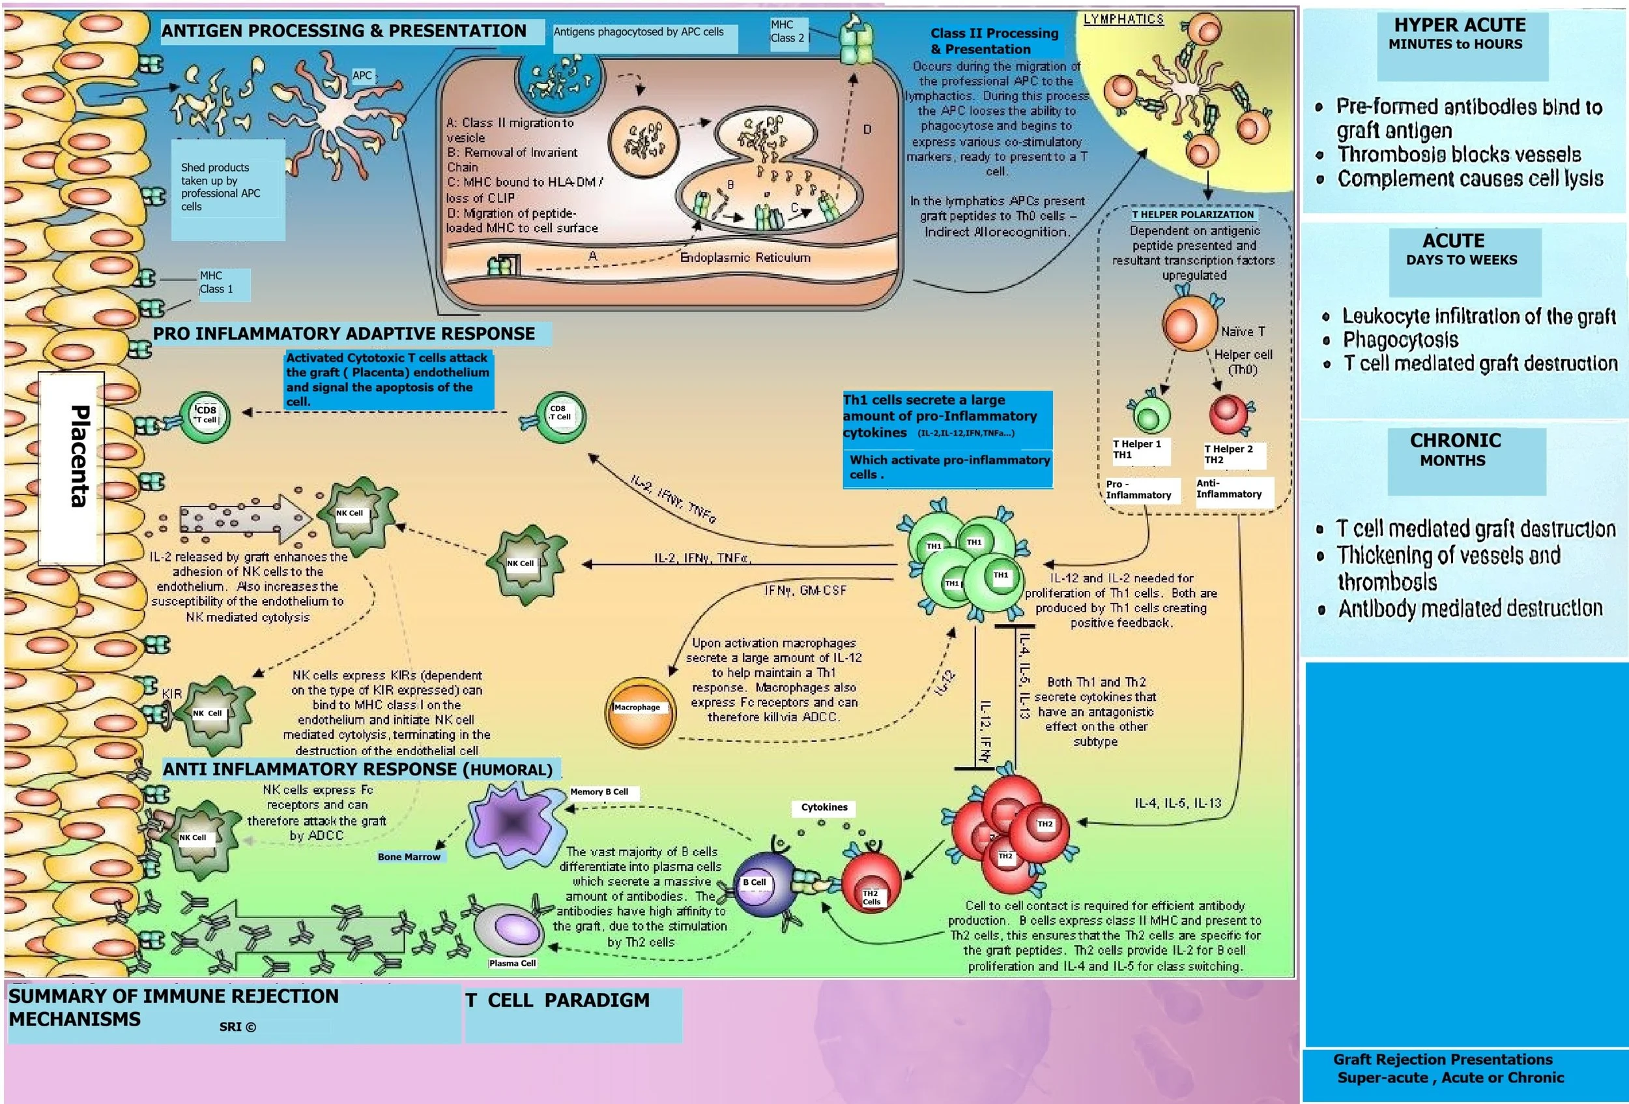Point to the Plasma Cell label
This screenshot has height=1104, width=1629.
(x=512, y=963)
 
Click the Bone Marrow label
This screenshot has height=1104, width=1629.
(x=409, y=856)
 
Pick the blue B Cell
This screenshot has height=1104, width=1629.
(x=760, y=884)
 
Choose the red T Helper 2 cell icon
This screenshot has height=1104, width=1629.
(x=1228, y=414)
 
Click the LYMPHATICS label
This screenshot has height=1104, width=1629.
(x=1123, y=19)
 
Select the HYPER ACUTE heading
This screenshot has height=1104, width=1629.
(x=1460, y=25)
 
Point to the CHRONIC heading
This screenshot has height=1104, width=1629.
(x=1455, y=440)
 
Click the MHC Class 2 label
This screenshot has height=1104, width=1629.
(x=787, y=31)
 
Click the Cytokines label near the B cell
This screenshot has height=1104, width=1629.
(x=824, y=807)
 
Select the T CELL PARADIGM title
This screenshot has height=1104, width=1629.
(x=557, y=1000)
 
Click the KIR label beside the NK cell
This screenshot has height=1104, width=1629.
(x=172, y=694)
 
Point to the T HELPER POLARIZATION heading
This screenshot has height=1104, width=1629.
(x=1192, y=215)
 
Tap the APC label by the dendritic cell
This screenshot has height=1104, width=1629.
(x=362, y=76)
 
